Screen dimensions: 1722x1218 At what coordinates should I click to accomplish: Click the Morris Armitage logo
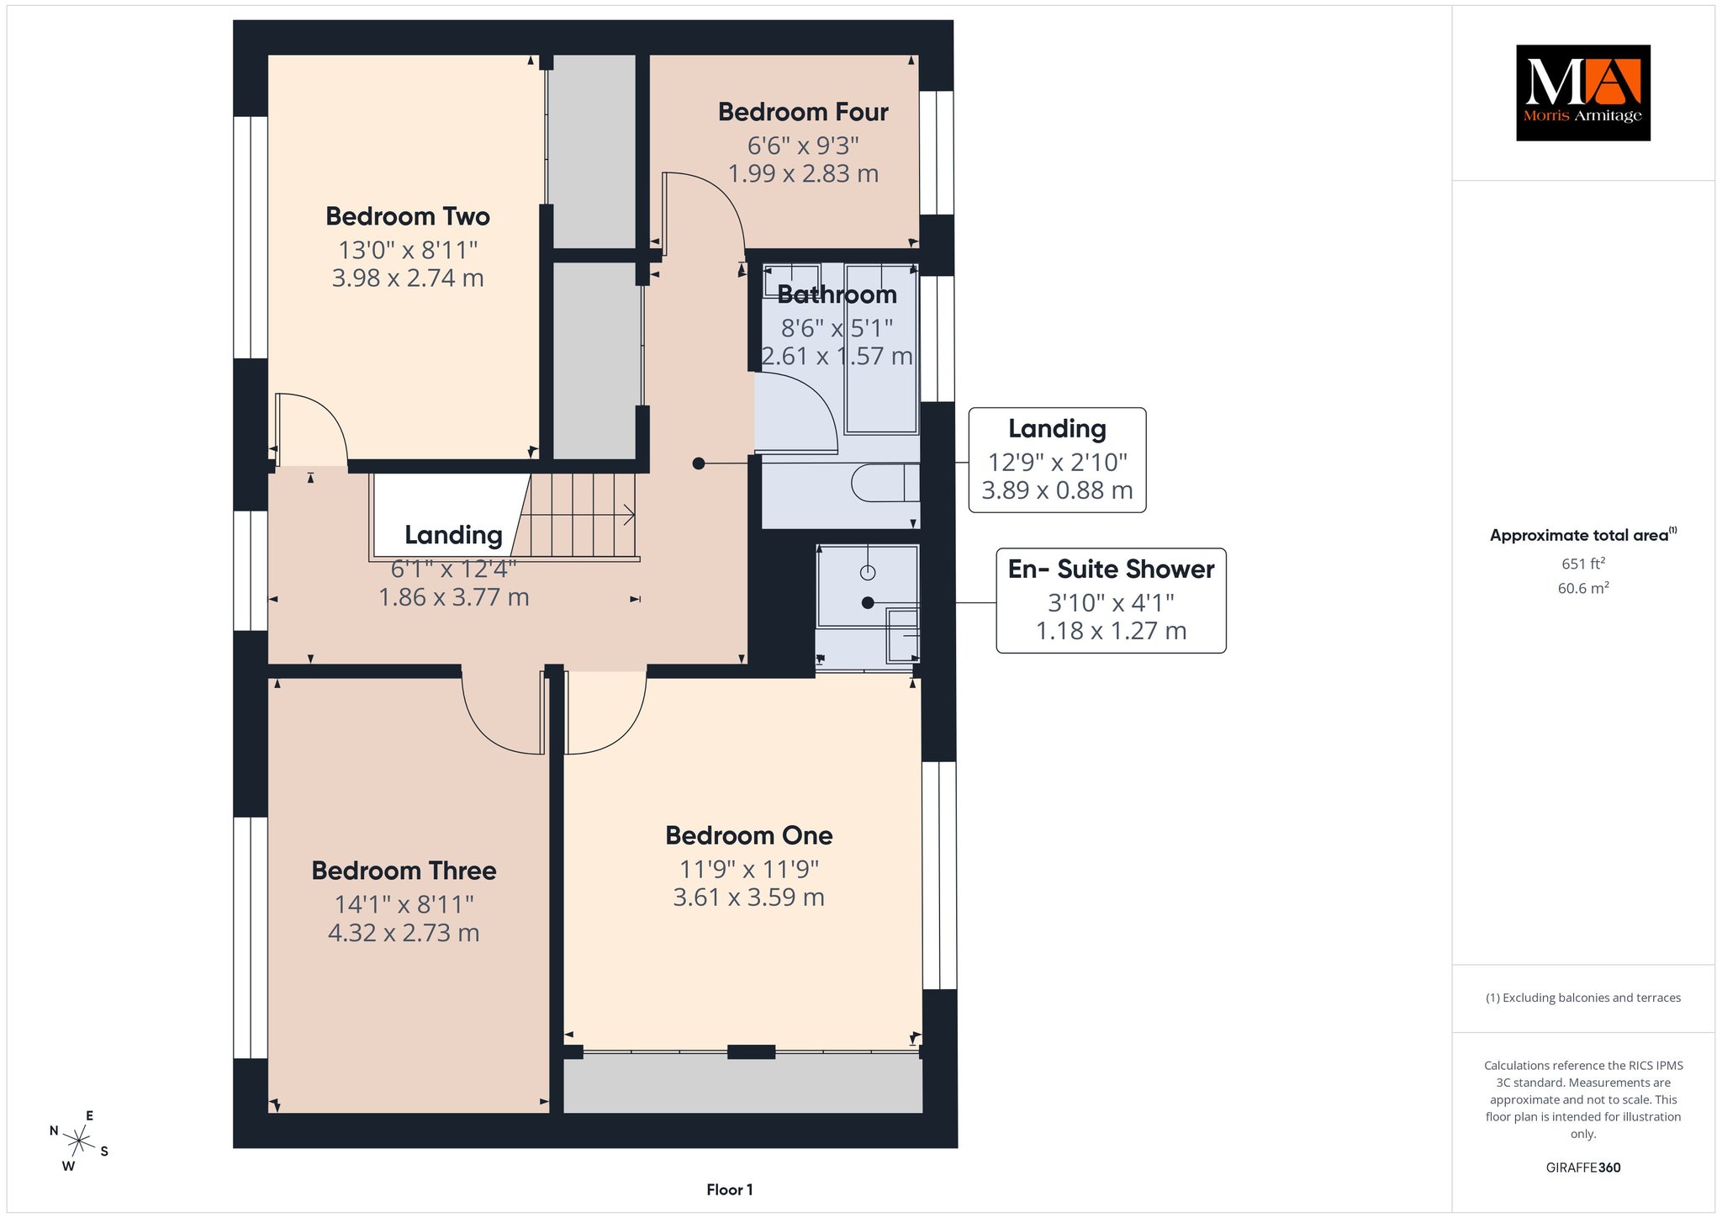tap(1582, 93)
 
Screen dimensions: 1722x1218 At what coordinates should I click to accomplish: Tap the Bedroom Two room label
tap(408, 216)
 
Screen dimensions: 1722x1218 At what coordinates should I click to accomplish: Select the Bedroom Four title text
tap(803, 112)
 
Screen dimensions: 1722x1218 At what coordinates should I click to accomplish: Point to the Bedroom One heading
tap(748, 835)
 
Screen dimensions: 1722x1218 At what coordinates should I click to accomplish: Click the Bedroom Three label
tap(404, 871)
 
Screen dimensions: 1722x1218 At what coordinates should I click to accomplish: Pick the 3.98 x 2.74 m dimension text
tap(408, 278)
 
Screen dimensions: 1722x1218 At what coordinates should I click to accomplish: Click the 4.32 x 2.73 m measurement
tap(404, 933)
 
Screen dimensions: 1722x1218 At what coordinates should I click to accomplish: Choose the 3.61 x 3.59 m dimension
tap(748, 897)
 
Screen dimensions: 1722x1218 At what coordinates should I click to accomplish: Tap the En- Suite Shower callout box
tap(1111, 601)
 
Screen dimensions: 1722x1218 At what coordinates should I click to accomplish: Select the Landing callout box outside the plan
tap(1057, 460)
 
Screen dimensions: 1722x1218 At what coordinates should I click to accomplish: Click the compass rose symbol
tap(79, 1141)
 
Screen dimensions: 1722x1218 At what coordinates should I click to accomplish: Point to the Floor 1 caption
tap(730, 1189)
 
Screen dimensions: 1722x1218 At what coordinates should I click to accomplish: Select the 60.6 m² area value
tap(1583, 588)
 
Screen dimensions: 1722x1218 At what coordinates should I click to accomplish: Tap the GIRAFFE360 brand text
tap(1583, 1168)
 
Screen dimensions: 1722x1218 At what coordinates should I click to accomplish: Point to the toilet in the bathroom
tap(885, 484)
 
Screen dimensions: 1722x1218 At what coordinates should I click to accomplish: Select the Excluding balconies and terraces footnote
tap(1583, 998)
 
